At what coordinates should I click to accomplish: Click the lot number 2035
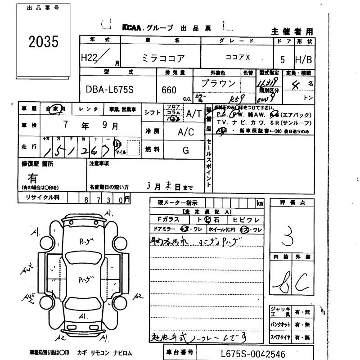point(44,41)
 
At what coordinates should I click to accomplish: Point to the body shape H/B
point(303,59)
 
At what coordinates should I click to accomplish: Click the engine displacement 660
point(169,90)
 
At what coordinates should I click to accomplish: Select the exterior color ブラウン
point(218,83)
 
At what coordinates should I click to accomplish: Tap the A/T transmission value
point(194,114)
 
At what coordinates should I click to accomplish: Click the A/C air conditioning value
point(185,132)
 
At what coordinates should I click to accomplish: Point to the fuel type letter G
point(185,151)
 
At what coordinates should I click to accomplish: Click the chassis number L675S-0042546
point(253,354)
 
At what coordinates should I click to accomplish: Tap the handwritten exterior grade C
point(301,282)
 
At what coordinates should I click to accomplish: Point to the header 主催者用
point(292,31)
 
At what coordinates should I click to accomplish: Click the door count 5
point(282,59)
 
